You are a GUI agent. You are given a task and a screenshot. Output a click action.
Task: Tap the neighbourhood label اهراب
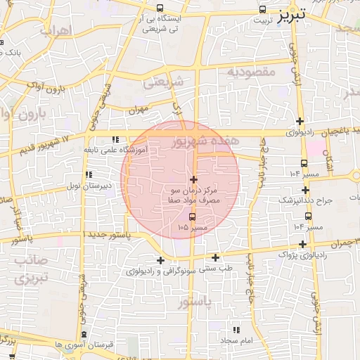pyautogui.click(x=56, y=31)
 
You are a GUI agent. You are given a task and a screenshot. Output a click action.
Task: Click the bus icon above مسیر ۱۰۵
pyautogui.click(x=193, y=216)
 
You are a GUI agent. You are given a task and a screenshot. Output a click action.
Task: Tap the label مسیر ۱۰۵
pyautogui.click(x=193, y=227)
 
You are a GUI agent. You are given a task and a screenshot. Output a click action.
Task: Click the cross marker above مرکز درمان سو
pyautogui.click(x=194, y=180)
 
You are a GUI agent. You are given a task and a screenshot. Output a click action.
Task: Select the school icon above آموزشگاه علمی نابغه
pyautogui.click(x=115, y=139)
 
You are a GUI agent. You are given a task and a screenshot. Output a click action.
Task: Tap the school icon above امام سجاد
pyautogui.click(x=236, y=330)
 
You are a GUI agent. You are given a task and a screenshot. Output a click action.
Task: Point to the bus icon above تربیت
pyautogui.click(x=262, y=10)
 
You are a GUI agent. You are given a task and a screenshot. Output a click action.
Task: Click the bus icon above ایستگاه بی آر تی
pyautogui.click(x=162, y=9)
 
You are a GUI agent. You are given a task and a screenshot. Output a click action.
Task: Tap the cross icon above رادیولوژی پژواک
pyautogui.click(x=303, y=244)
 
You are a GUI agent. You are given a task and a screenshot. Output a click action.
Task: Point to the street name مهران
pyautogui.click(x=139, y=110)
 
